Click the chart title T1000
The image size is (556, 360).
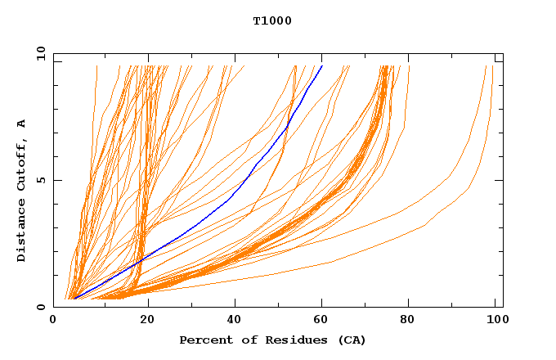click(x=272, y=20)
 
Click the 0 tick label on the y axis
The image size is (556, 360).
click(x=40, y=307)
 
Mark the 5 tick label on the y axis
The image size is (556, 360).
click(x=40, y=180)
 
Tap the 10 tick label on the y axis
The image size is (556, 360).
click(x=40, y=54)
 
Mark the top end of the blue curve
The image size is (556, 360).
click(x=322, y=66)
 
